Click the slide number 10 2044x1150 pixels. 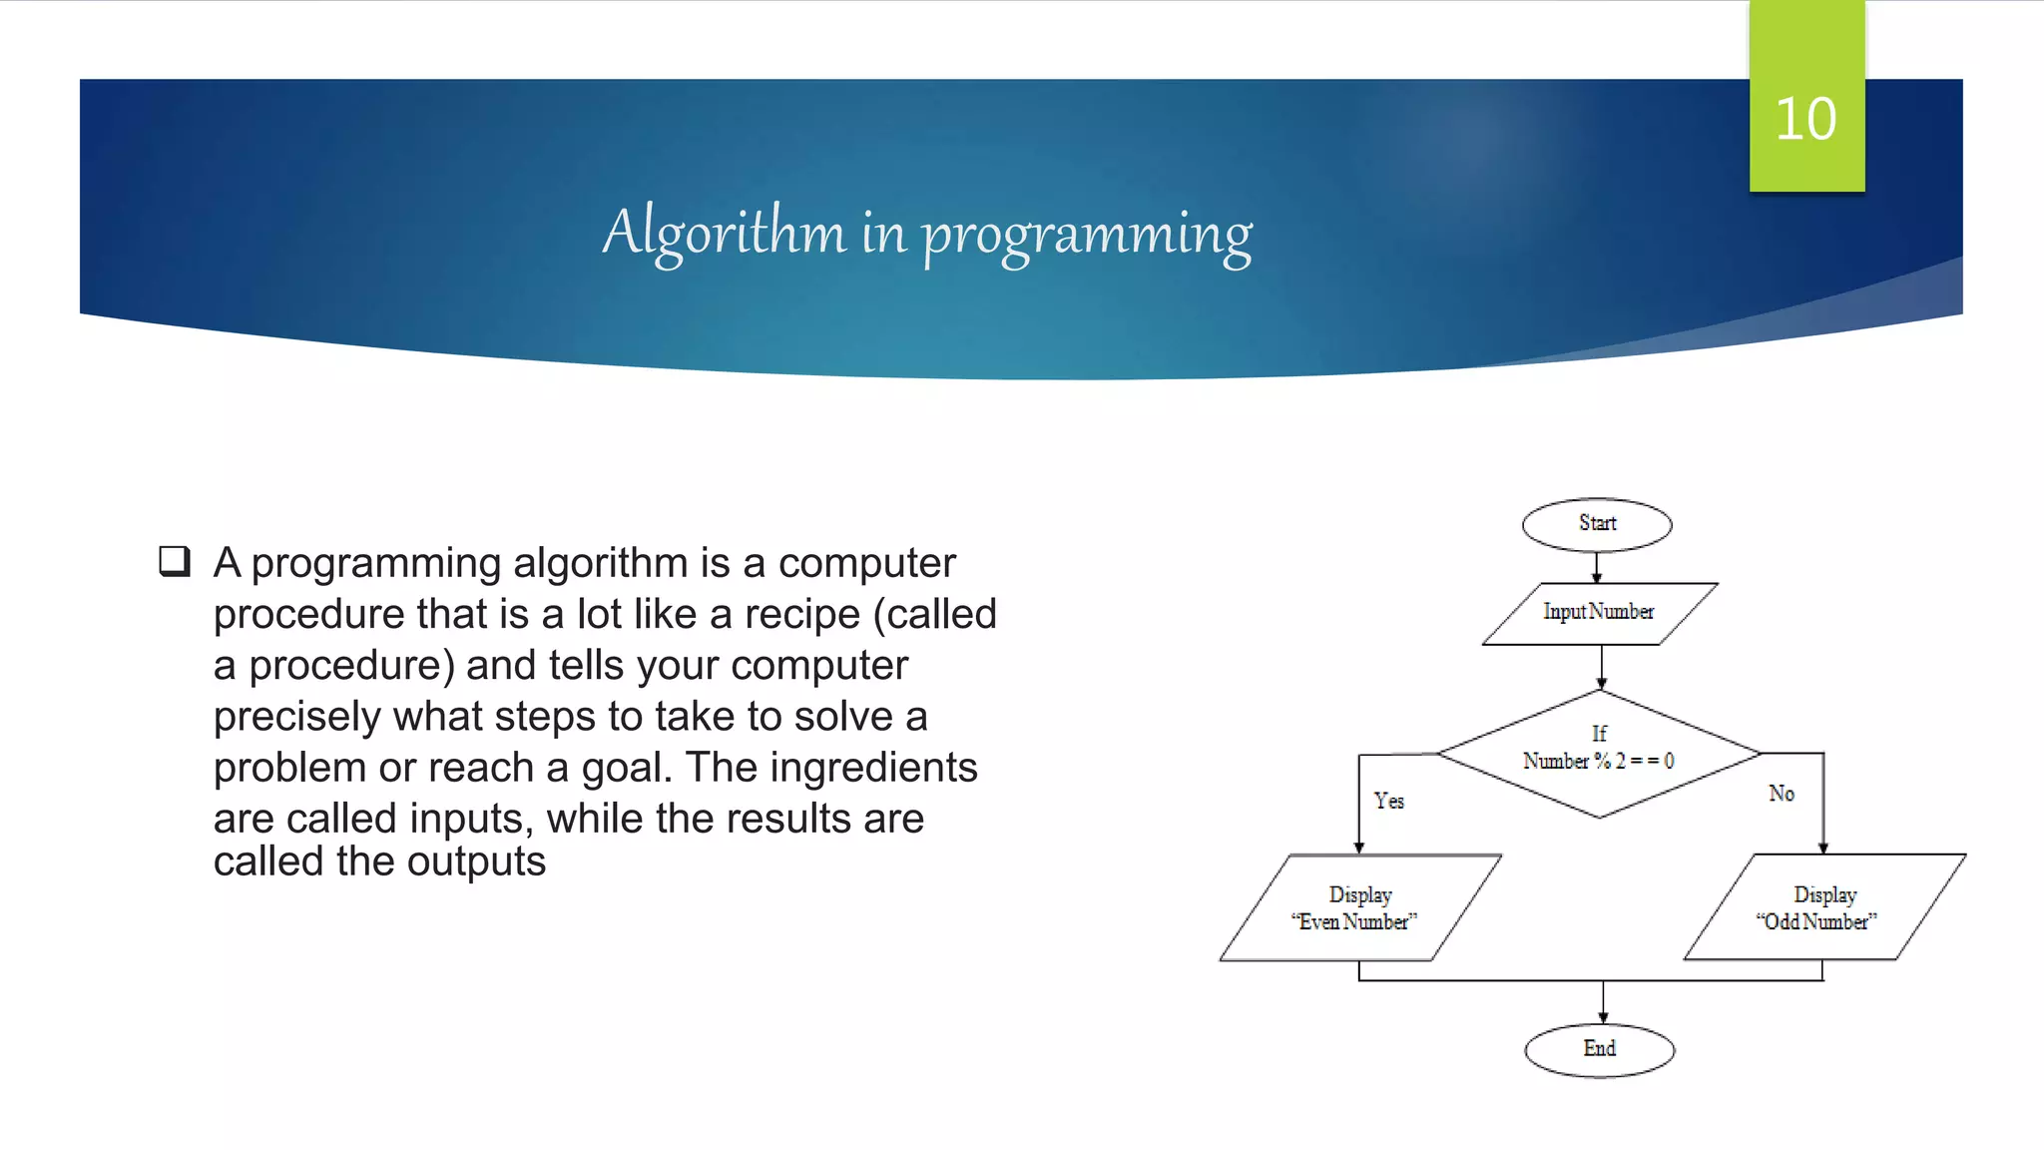1805,120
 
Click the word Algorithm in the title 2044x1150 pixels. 724,234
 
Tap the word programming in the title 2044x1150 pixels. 1086,236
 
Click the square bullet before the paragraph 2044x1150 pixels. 175,561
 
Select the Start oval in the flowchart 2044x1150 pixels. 1597,524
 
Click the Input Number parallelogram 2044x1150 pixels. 1599,613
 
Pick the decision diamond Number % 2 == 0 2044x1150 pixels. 1599,754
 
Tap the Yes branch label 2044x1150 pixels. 1388,801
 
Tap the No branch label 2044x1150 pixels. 1782,794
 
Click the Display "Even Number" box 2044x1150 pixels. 1359,907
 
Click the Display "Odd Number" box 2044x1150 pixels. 1823,907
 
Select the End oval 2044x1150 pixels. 1599,1049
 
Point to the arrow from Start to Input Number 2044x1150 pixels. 1597,567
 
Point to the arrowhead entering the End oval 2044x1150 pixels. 1604,1016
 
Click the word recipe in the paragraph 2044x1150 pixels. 802,615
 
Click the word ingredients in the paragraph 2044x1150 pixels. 873,768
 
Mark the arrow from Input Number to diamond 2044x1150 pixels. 1602,667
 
